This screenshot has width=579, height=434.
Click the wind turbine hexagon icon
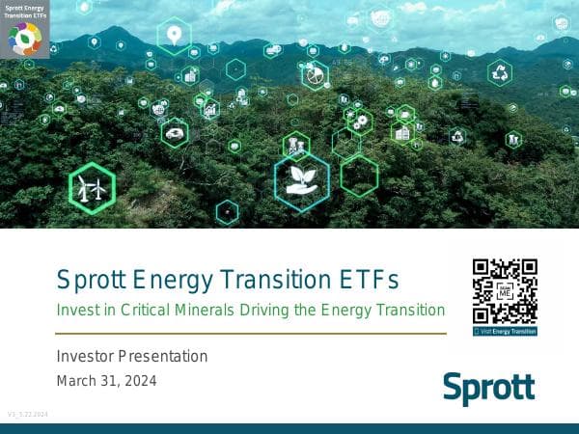point(92,188)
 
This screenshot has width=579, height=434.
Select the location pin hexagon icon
point(174,37)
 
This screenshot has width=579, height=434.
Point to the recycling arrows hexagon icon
point(500,72)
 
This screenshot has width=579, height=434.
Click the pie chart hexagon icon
point(315,74)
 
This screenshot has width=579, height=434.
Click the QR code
point(504,290)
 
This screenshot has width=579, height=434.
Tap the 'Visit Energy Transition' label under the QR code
point(505,331)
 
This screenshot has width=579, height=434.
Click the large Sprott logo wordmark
point(488,389)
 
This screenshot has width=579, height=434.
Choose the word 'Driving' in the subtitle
point(285,310)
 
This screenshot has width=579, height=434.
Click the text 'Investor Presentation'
point(132,356)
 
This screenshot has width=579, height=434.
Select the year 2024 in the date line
point(139,380)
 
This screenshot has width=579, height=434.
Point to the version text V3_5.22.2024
point(28,414)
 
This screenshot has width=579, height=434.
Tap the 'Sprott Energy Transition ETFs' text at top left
point(24,12)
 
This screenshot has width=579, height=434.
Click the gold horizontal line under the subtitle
point(251,334)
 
